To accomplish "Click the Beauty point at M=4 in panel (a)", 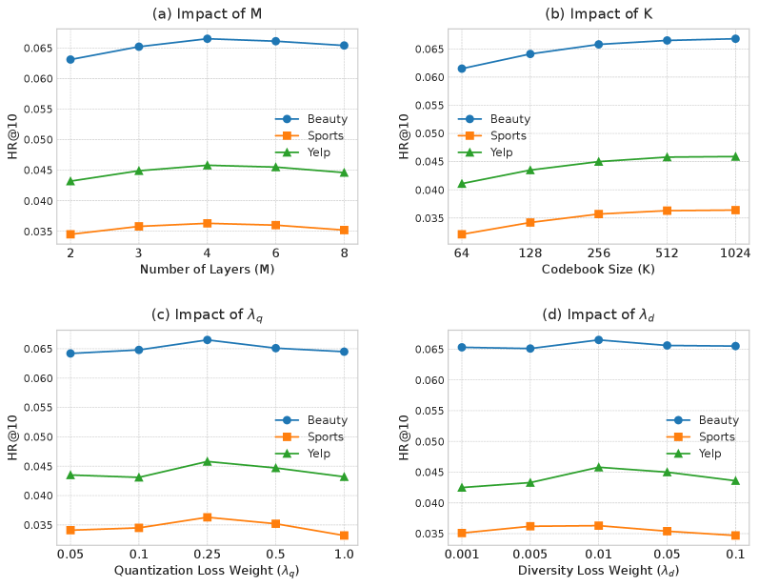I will pyautogui.click(x=208, y=39).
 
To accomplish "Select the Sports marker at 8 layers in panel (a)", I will pyautogui.click(x=345, y=230).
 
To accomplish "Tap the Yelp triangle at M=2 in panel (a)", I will pyautogui.click(x=70, y=181).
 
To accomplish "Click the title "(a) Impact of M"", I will pyautogui.click(x=208, y=14).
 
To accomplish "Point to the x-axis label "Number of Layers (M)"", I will pyautogui.click(x=208, y=269).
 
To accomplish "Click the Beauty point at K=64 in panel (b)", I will pyautogui.click(x=462, y=69).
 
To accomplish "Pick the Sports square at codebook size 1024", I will pyautogui.click(x=735, y=210).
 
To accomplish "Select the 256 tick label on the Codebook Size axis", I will pyautogui.click(x=598, y=253).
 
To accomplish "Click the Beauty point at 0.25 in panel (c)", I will pyautogui.click(x=208, y=339).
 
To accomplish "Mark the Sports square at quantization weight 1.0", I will pyautogui.click(x=345, y=536).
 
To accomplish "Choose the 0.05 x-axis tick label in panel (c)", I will pyautogui.click(x=70, y=554).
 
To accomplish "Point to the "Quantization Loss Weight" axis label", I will pyautogui.click(x=208, y=571).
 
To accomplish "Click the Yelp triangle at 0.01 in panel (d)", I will pyautogui.click(x=598, y=467).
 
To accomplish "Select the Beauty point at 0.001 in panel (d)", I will pyautogui.click(x=462, y=347).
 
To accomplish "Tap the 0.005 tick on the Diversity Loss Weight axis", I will pyautogui.click(x=530, y=554).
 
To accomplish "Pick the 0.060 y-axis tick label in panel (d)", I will pyautogui.click(x=430, y=380).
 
